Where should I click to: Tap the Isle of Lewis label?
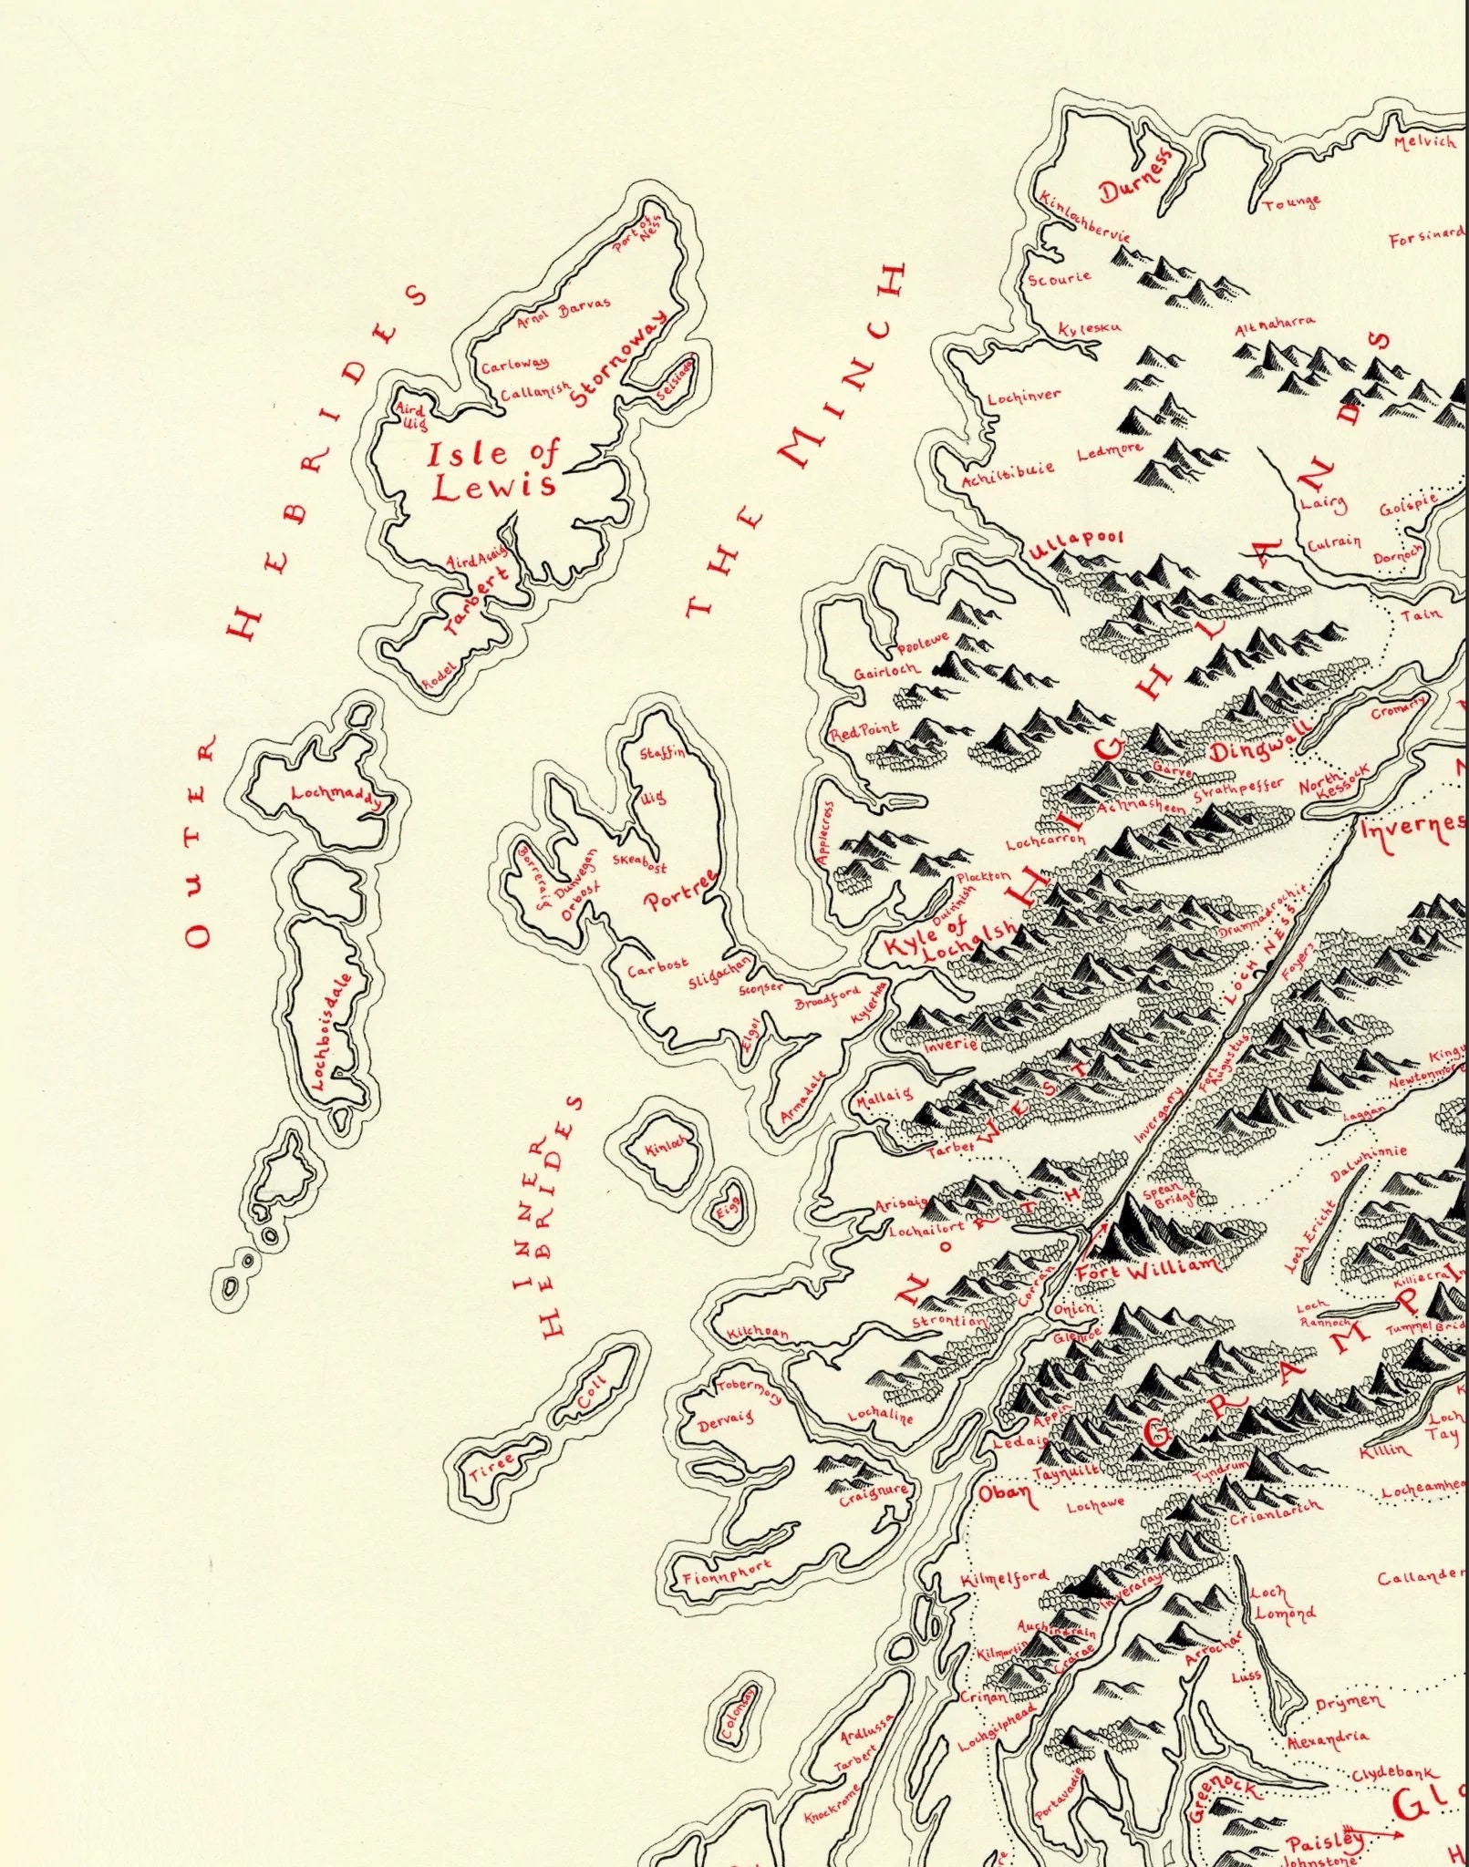click(x=493, y=469)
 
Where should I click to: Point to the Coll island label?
click(x=592, y=1393)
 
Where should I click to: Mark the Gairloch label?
click(x=886, y=670)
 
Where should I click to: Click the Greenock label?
click(x=1222, y=1799)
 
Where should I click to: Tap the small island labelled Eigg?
click(x=729, y=1202)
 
